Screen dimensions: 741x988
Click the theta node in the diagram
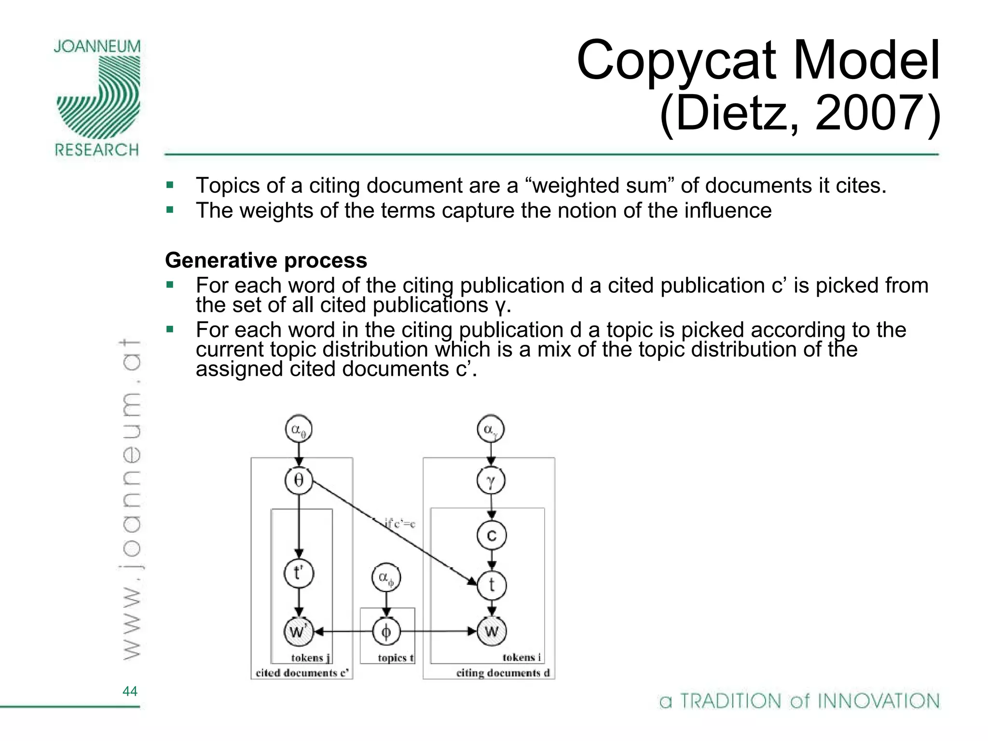pos(299,480)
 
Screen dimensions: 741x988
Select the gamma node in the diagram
pos(491,481)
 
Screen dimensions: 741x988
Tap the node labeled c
pos(491,535)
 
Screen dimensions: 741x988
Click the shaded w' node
pos(298,631)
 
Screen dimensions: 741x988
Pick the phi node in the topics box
pos(386,631)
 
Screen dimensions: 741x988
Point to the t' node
pos(299,573)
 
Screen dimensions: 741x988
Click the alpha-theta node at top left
pos(299,429)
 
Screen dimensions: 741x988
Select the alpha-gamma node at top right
pos(491,429)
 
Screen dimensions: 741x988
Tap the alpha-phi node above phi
pos(386,577)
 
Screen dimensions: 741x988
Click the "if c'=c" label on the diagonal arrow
pos(399,523)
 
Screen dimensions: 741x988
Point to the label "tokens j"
pos(311,658)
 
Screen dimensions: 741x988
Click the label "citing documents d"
pos(503,672)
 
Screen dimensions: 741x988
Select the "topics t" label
pos(395,658)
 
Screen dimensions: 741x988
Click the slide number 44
pos(130,691)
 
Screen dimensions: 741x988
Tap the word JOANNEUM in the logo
pos(97,47)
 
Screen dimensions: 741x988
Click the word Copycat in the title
pos(676,60)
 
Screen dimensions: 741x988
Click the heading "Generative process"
pos(266,261)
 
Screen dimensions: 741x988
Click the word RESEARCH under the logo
pos(97,150)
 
